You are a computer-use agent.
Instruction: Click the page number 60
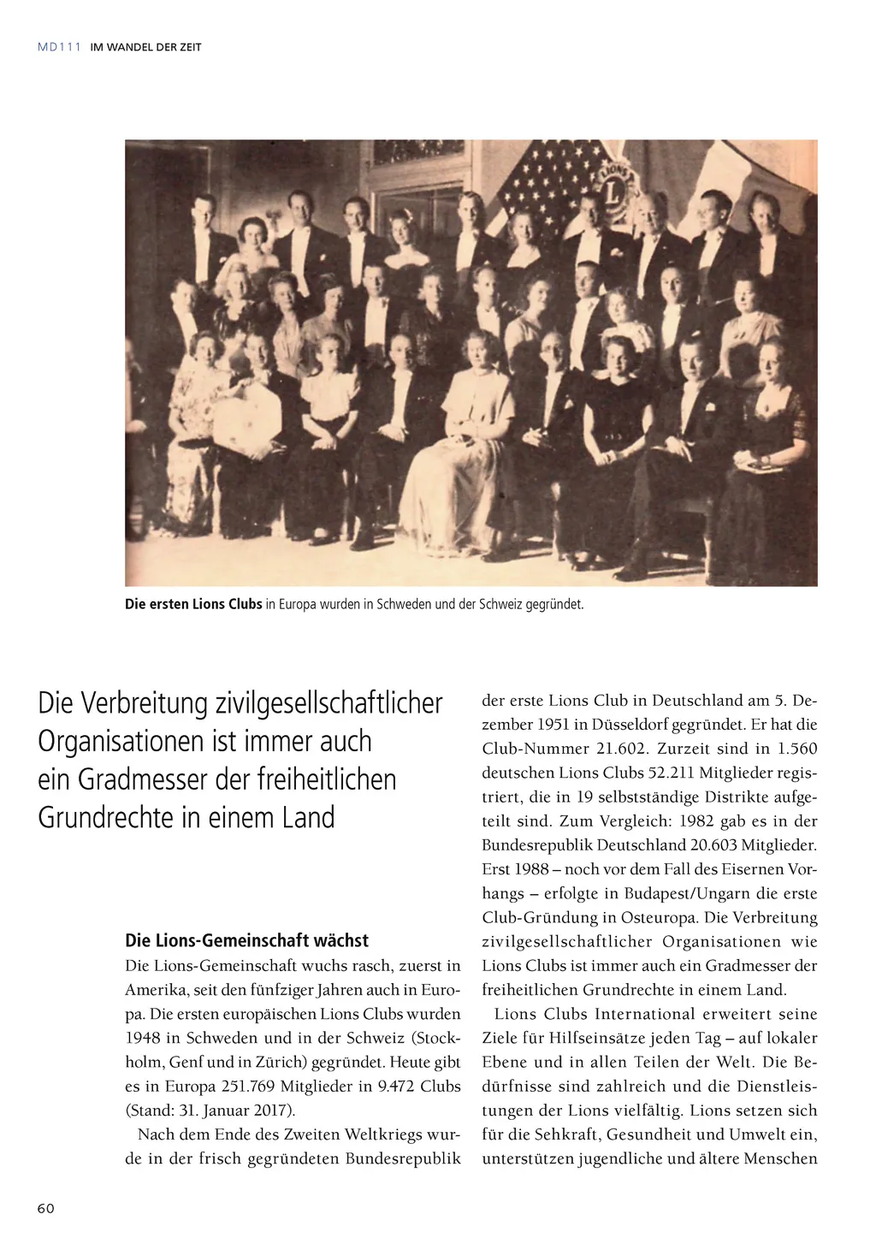tap(46, 1208)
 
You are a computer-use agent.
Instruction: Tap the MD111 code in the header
tap(59, 47)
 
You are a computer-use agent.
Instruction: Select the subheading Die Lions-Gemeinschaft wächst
tap(246, 940)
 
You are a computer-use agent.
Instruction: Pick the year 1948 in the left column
tap(143, 1038)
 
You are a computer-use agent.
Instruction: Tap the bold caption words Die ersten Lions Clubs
tap(193, 604)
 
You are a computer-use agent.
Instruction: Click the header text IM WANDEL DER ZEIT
tap(145, 47)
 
